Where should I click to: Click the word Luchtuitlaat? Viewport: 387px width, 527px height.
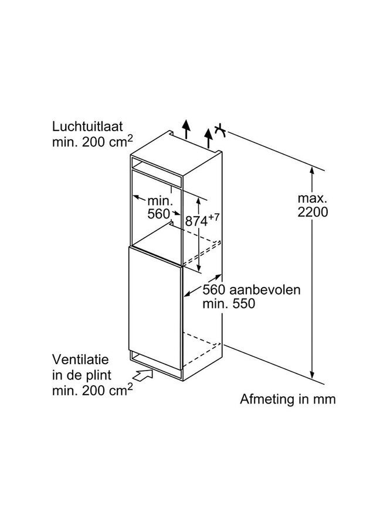87,127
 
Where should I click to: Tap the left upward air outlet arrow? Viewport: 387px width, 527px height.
186,128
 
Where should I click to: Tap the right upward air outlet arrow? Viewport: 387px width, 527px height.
209,138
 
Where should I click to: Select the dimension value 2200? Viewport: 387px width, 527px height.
313,212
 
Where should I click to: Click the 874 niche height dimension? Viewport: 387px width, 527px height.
196,221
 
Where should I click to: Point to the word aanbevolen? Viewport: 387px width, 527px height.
264,290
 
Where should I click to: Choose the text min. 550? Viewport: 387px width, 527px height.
229,304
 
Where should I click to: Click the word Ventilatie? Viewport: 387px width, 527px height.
80,360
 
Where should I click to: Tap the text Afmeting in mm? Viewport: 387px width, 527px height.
288,399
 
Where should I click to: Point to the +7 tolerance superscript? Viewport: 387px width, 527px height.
213,217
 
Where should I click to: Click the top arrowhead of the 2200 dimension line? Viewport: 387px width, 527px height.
312,170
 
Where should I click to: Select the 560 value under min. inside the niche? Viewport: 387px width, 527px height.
158,214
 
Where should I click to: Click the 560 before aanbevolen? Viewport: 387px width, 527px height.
213,290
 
